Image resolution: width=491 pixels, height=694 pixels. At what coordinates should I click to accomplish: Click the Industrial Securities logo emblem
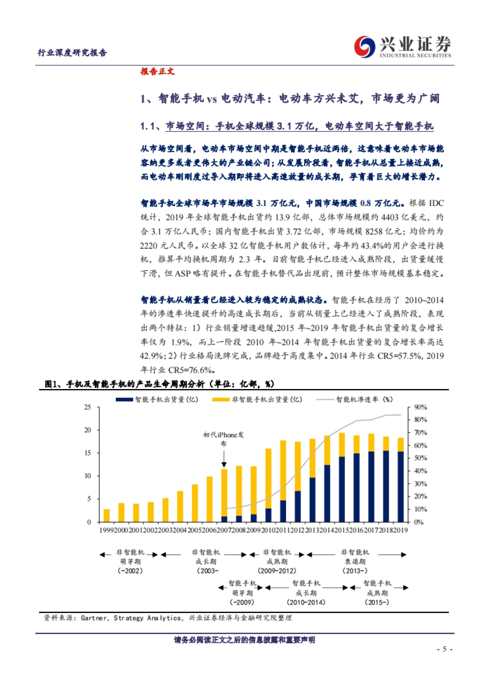[365, 47]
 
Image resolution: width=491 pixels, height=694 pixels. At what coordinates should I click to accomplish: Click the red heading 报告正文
[158, 72]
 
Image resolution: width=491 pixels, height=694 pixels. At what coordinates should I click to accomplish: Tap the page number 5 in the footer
[444, 649]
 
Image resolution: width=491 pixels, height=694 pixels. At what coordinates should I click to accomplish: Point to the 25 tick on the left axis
[88, 407]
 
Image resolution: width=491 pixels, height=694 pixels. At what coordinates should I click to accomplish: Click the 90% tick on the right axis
[421, 407]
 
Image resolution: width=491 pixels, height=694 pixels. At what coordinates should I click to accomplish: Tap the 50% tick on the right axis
[421, 458]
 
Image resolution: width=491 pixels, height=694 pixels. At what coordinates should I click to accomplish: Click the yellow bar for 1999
[107, 515]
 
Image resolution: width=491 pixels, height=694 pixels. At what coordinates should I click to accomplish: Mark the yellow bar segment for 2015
[342, 445]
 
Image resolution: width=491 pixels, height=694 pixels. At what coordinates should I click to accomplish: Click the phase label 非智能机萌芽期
[130, 557]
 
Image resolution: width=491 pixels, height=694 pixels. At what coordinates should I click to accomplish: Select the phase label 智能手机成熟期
[377, 588]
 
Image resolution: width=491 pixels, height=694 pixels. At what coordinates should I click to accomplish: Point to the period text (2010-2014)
[306, 602]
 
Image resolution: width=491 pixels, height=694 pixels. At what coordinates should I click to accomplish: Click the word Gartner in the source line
[94, 618]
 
